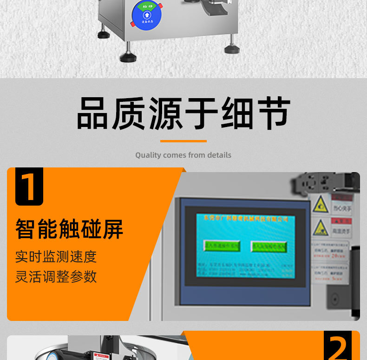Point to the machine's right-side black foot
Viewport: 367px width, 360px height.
pyautogui.click(x=232, y=48)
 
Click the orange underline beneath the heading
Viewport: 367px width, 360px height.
pyautogui.click(x=183, y=140)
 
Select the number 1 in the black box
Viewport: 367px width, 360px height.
pyautogui.click(x=29, y=187)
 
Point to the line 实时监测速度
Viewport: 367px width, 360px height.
pyautogui.click(x=56, y=256)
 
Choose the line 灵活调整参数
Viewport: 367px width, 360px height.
pyautogui.click(x=56, y=276)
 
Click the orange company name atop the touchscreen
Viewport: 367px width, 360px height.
pyautogui.click(x=246, y=218)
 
